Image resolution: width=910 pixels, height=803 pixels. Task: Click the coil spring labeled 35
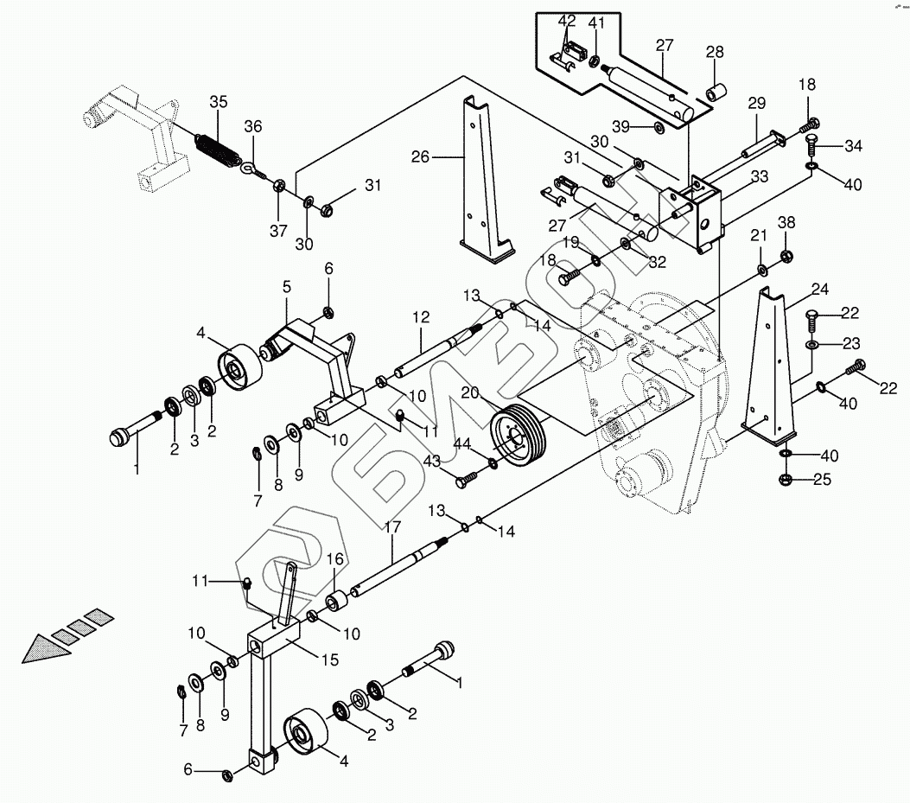click(216, 149)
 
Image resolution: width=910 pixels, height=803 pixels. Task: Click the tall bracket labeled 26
click(487, 176)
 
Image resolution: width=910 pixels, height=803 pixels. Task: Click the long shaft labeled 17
click(401, 567)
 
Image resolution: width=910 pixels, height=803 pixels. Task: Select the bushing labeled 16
click(335, 601)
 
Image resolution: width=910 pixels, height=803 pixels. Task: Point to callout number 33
click(760, 176)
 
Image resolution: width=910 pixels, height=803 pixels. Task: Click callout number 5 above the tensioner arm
click(287, 287)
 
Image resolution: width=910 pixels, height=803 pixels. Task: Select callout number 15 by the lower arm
click(330, 660)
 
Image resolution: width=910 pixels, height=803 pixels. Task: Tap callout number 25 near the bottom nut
click(823, 480)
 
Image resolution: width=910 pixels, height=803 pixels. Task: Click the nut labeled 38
click(786, 255)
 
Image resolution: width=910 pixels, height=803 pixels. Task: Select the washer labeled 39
click(659, 127)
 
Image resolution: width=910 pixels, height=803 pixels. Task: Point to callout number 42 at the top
click(567, 21)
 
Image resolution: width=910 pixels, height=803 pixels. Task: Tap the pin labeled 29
click(762, 144)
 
